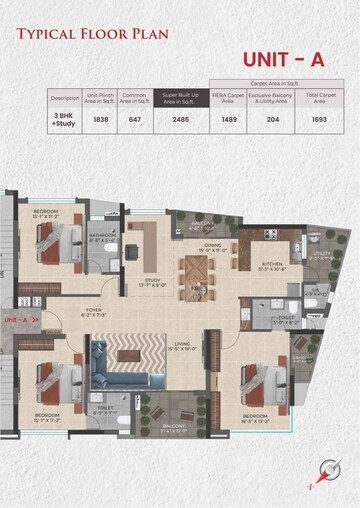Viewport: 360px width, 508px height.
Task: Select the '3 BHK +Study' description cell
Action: click(x=64, y=119)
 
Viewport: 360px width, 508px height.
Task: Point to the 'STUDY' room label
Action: click(x=152, y=281)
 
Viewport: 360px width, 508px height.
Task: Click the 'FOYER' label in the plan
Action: click(x=92, y=309)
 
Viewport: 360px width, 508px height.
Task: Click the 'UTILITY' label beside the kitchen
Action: click(x=320, y=254)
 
